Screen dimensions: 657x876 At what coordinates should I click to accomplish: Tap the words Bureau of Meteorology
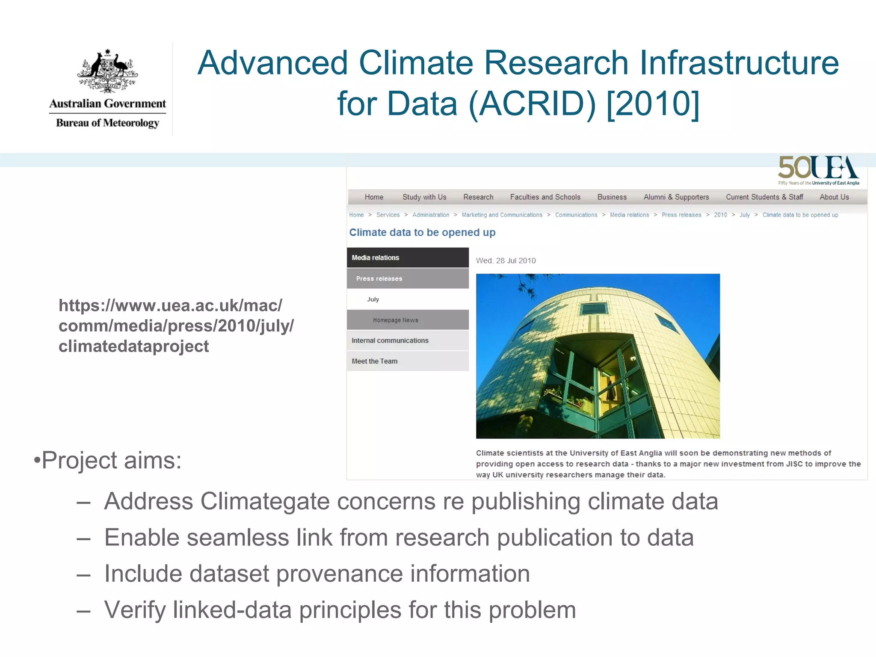(107, 123)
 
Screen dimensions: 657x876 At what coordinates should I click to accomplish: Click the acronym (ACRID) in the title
(532, 104)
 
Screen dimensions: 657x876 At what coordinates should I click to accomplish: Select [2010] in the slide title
(653, 104)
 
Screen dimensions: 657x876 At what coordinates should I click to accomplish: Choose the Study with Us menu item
(424, 197)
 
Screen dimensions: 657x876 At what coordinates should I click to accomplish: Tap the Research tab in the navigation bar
(478, 197)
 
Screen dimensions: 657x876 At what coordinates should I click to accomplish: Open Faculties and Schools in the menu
(545, 197)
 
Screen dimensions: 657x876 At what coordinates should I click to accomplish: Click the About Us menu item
(834, 197)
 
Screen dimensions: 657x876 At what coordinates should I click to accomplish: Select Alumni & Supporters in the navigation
(676, 197)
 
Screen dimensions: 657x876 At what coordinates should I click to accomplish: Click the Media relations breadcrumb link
(629, 215)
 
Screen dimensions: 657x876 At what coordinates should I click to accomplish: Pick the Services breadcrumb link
(388, 215)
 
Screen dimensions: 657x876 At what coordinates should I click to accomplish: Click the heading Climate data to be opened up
(422, 233)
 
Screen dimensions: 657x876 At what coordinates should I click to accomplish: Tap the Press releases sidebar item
(379, 279)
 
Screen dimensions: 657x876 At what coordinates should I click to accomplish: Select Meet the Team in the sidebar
(374, 361)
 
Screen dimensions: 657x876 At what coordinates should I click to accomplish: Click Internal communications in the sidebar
(390, 341)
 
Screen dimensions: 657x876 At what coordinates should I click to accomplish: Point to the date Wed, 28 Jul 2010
(506, 261)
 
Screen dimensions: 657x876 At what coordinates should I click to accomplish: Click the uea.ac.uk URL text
(176, 326)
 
